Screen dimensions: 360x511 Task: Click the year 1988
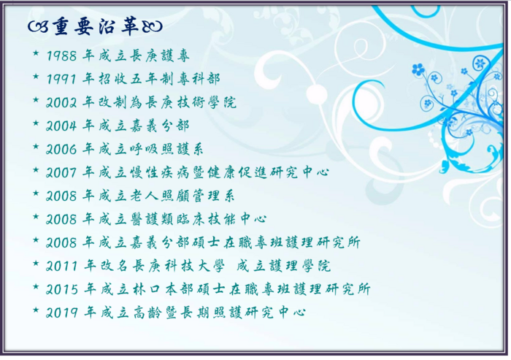click(64, 55)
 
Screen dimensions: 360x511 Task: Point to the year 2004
click(64, 126)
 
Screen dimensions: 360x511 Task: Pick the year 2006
click(64, 149)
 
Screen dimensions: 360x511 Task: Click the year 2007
click(64, 172)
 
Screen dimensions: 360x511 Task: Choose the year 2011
click(64, 266)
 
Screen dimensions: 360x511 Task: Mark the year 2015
click(64, 289)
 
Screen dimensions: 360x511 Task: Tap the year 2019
click(64, 313)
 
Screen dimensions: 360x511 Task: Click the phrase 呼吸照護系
click(170, 149)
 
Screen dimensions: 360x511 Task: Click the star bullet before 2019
click(36, 312)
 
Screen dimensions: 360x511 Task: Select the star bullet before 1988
click(36, 55)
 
